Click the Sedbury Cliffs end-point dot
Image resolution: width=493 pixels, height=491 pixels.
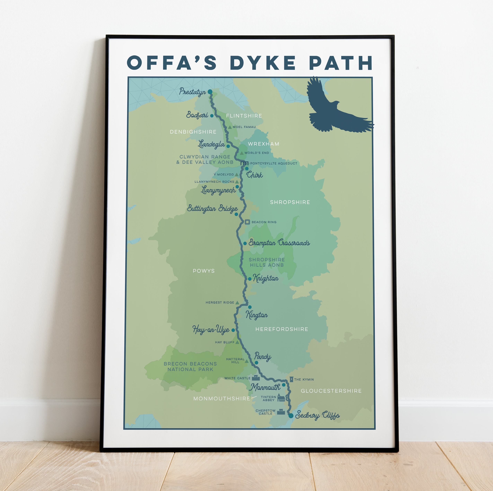291,416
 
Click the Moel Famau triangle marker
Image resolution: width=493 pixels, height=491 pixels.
230,127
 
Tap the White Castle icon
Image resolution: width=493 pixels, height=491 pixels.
256,378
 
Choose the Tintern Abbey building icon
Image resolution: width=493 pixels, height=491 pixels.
281,398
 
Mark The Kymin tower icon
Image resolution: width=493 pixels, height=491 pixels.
291,379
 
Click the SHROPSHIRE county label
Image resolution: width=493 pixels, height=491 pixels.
290,202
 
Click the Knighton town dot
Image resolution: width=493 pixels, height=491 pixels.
250,279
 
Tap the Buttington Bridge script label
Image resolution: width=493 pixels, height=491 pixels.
212,209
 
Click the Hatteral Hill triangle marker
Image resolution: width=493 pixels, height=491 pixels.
246,361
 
